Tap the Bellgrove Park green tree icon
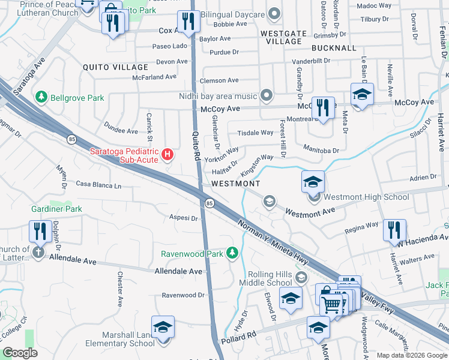[x=41, y=97]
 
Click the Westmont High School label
[x=366, y=197]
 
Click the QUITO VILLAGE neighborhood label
[x=115, y=67]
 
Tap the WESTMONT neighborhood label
[x=236, y=183]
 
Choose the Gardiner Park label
[x=56, y=209]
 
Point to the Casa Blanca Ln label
[x=98, y=185]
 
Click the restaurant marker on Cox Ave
[x=189, y=23]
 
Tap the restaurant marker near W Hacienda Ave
[x=394, y=230]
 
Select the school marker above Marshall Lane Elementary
[x=163, y=327]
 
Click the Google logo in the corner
[x=20, y=353]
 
